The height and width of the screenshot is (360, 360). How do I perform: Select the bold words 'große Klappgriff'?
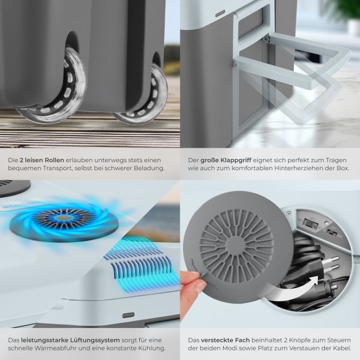coord(226,160)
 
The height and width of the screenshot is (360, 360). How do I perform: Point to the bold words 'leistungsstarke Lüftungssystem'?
coord(70,340)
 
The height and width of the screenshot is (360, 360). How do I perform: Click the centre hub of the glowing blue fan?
coord(64,217)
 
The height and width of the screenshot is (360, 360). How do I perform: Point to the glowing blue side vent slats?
coord(140,264)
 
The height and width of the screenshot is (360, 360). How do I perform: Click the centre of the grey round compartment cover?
coord(236,245)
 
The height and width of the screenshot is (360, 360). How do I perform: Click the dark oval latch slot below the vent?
coord(128,315)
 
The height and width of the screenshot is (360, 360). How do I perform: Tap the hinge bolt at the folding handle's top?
coord(266,38)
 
